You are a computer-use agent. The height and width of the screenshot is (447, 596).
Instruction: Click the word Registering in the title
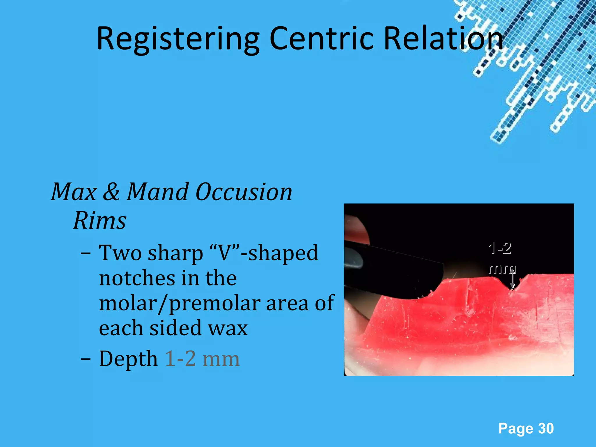[x=178, y=39]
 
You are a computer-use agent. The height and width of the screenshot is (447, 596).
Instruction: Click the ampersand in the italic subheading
[x=111, y=192]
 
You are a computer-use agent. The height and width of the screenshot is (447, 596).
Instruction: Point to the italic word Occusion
[x=244, y=192]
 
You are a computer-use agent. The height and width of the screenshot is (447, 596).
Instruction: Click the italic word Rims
[x=100, y=220]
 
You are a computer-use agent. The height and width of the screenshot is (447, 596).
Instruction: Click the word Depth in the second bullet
[x=128, y=359]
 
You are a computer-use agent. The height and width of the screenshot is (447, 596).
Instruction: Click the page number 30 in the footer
[x=546, y=429]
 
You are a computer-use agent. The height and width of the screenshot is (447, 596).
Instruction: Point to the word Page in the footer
[x=515, y=429]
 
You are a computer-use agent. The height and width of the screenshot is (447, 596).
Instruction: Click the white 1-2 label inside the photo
[x=500, y=248]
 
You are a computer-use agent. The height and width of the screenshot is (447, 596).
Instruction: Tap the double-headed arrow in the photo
[x=513, y=279]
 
